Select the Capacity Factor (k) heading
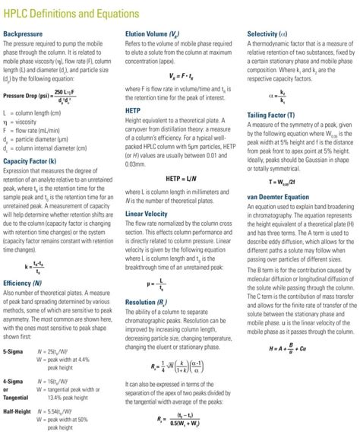click(30, 162)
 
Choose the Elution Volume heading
click(152, 34)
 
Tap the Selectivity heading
click(268, 34)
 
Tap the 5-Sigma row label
click(14, 352)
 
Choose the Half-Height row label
click(17, 411)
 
